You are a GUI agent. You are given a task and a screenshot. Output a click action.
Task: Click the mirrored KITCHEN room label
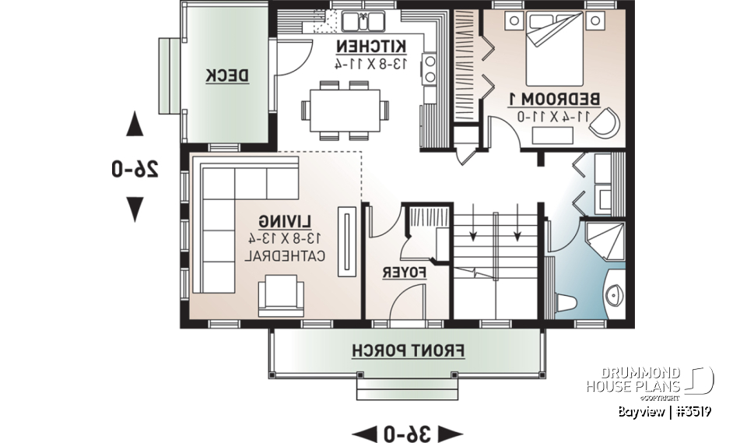click(371, 45)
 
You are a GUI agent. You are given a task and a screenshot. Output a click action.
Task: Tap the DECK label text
click(227, 76)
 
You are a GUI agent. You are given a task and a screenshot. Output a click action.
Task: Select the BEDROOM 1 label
click(554, 100)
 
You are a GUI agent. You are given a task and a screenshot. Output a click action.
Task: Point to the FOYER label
click(406, 272)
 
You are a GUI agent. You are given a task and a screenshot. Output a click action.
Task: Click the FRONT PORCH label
click(408, 350)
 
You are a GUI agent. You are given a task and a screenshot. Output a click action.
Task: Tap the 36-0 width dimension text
click(407, 432)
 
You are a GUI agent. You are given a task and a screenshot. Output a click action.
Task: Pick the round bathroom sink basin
click(614, 294)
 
